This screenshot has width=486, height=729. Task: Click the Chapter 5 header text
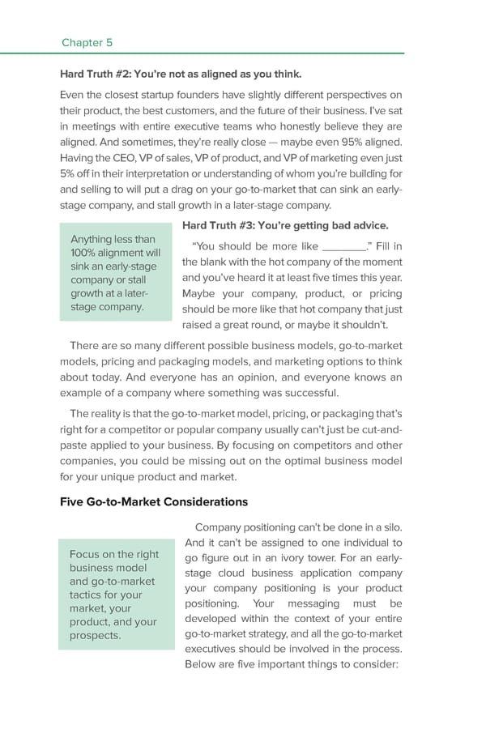(x=87, y=42)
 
